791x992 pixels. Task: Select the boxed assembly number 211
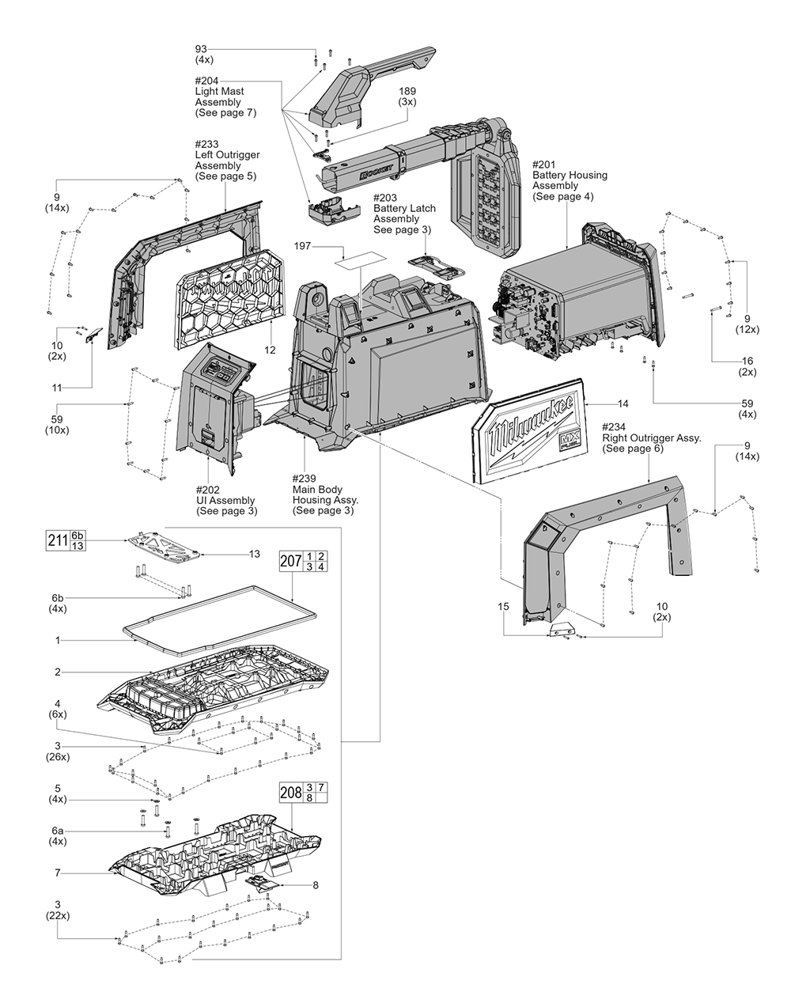(x=57, y=541)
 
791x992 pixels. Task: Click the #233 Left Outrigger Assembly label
(x=226, y=161)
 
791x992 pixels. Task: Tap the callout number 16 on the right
(x=747, y=366)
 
